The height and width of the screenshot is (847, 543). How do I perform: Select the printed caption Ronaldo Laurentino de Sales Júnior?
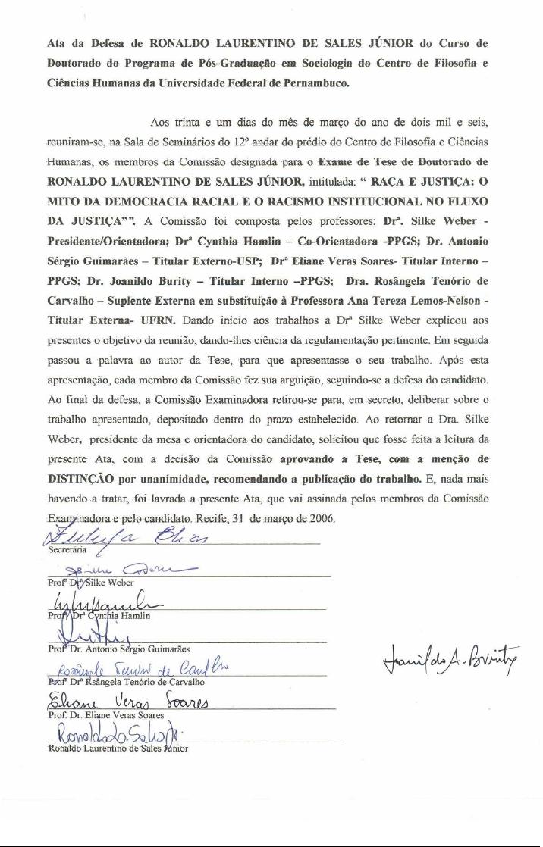[118, 748]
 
